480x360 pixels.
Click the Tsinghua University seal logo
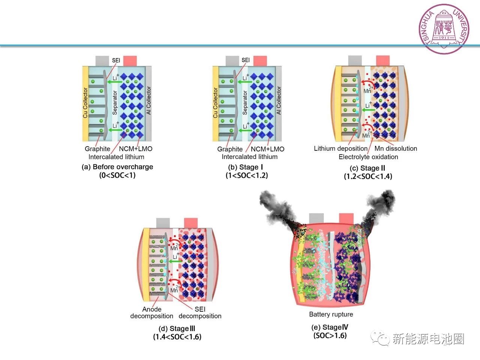(x=444, y=29)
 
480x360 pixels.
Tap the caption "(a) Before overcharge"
(x=117, y=167)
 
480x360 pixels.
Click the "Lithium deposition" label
(x=340, y=148)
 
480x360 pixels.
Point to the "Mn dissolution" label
(x=396, y=148)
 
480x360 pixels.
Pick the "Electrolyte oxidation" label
(x=368, y=157)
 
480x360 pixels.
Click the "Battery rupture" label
(x=331, y=314)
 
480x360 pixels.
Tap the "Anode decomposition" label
(x=151, y=312)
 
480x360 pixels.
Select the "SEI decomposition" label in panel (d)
(x=200, y=312)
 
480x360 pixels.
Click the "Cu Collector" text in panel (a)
(x=85, y=103)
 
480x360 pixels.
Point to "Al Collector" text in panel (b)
(x=279, y=100)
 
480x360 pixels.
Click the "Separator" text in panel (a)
(x=115, y=103)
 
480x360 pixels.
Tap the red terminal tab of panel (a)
(x=130, y=61)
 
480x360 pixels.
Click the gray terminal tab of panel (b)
(x=232, y=61)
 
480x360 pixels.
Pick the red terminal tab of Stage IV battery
(x=346, y=219)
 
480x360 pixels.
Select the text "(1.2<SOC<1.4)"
(x=368, y=176)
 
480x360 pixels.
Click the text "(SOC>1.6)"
(x=330, y=336)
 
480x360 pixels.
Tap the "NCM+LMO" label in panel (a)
(x=136, y=149)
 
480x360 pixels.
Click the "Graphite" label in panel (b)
(x=230, y=149)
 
